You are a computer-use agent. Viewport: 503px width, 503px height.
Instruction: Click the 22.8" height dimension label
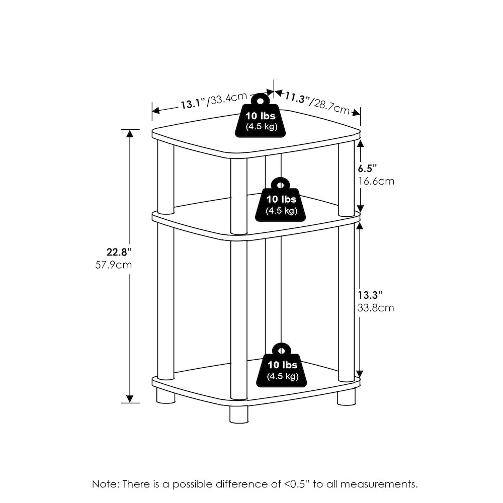(x=119, y=252)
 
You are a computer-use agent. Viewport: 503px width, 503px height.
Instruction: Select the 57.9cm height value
(x=114, y=265)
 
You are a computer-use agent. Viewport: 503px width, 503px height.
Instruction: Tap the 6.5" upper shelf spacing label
(x=367, y=168)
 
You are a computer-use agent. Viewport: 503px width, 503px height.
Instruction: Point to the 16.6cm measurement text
(x=376, y=181)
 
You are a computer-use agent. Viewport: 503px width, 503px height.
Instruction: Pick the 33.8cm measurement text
(x=376, y=308)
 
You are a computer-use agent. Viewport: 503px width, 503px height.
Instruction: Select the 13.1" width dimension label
(x=193, y=104)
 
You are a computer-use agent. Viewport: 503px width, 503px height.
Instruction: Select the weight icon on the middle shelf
(x=280, y=200)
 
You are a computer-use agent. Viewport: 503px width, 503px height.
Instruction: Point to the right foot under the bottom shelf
(x=347, y=397)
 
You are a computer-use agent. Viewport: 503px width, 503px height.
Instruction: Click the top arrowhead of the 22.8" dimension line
(x=130, y=133)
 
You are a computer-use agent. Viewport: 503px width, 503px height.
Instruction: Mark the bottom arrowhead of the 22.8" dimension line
(x=130, y=399)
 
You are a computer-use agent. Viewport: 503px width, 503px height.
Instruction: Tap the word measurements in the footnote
(x=379, y=484)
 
